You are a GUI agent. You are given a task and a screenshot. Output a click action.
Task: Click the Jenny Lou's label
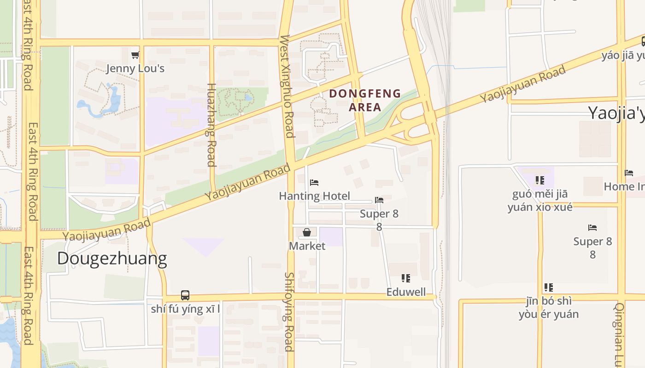135,69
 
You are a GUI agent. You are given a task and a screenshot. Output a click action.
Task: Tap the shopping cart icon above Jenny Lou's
135,55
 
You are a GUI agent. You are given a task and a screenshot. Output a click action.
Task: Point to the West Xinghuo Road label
286,86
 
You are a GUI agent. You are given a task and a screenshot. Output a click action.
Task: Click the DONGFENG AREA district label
365,100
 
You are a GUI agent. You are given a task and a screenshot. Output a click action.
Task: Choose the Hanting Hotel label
314,196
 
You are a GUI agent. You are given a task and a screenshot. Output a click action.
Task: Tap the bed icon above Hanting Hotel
314,183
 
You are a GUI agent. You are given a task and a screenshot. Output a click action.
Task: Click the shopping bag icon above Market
307,233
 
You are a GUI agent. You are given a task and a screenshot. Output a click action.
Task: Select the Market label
307,246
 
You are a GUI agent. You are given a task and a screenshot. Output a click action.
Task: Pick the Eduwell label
406,292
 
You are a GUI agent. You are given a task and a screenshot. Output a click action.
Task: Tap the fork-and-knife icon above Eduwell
406,278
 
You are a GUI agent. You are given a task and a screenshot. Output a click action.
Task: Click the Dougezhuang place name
112,259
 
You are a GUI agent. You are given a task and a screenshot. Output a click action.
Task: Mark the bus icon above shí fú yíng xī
185,295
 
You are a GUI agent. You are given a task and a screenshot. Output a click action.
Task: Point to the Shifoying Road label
289,311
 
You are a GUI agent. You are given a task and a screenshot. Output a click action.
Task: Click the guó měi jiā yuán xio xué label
540,201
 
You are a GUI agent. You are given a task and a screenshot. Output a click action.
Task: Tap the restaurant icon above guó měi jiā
540,180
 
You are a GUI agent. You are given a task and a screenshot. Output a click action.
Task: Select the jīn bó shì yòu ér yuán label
549,308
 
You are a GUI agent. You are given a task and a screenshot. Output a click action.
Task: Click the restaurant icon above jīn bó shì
549,287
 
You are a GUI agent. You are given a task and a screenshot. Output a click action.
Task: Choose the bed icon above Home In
629,173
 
